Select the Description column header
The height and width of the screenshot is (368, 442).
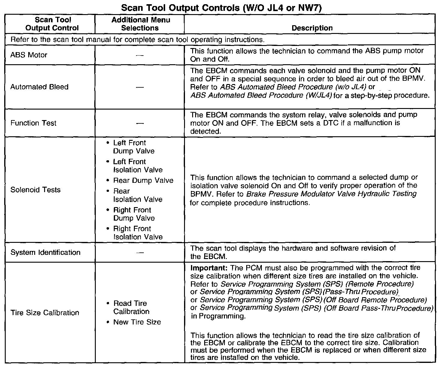[x=312, y=28]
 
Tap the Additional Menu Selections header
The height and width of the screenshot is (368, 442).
[x=141, y=24]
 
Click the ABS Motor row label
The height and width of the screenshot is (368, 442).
[x=29, y=55]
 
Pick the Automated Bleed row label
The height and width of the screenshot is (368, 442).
[x=39, y=87]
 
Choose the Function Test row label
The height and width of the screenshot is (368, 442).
[x=33, y=123]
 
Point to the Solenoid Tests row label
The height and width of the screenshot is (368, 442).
[x=35, y=190]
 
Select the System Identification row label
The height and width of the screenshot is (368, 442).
[x=45, y=252]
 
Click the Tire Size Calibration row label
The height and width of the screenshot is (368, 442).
[x=45, y=313]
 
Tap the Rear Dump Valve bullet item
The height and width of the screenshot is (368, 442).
[x=143, y=180]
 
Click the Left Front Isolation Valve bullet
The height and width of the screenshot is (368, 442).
[x=138, y=166]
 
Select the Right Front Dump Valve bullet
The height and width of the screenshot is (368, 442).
[x=134, y=214]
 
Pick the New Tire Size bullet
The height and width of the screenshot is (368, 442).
[x=137, y=322]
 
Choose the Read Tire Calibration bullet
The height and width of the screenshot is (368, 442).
[x=131, y=307]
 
